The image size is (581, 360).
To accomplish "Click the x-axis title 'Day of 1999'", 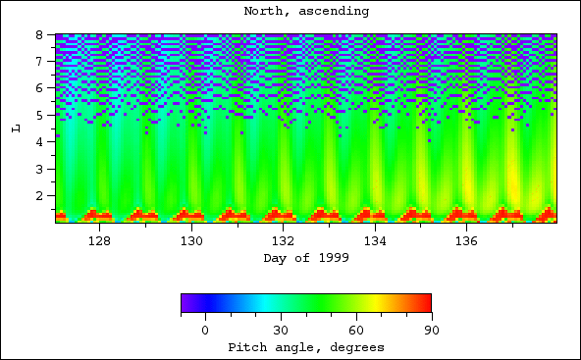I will (305, 258).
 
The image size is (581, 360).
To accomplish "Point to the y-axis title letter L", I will (16, 128).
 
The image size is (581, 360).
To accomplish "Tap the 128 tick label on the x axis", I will (99, 240).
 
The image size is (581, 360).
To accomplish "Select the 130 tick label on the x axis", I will (191, 240).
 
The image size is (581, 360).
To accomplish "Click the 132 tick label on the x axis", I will (283, 240).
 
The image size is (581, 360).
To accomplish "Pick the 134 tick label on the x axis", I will (375, 240).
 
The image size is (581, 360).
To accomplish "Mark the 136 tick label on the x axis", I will (466, 240).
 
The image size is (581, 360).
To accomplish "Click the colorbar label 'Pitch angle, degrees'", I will (305, 347).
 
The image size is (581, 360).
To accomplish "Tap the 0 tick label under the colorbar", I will (205, 330).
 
